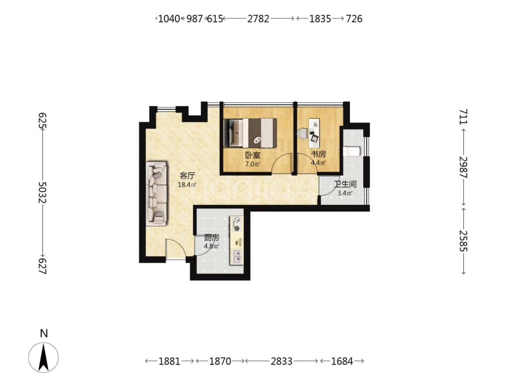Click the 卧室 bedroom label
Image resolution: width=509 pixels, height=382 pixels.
253,155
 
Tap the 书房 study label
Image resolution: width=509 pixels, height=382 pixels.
318,154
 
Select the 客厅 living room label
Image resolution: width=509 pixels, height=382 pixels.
187,176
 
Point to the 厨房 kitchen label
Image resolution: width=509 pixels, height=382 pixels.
211,238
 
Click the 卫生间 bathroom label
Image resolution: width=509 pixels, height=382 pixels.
345,185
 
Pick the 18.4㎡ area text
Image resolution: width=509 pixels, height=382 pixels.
187,185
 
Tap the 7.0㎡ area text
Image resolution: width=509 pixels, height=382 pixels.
253,164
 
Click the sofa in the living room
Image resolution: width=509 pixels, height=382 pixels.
157,193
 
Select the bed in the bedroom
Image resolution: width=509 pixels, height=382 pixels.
251,132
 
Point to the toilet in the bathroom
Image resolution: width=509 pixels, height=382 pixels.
351,151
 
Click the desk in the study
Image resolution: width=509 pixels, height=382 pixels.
314,131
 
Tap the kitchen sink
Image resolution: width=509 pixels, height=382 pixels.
236,256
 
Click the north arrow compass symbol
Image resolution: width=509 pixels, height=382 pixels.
44,357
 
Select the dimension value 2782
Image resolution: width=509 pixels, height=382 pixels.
258,19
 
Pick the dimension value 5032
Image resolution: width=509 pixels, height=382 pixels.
43,192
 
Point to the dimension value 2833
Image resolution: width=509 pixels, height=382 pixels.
281,361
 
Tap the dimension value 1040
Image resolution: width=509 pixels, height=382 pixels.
169,19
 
